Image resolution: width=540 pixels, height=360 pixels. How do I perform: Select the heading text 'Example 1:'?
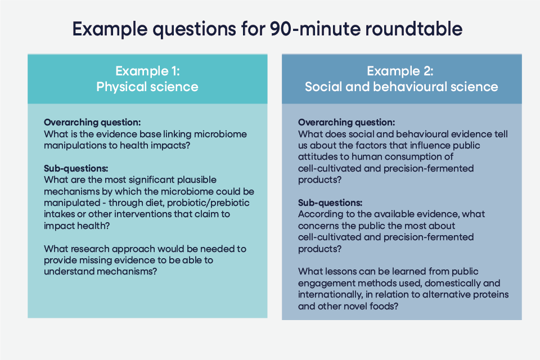click(x=147, y=71)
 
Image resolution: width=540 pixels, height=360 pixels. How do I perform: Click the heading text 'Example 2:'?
click(x=400, y=71)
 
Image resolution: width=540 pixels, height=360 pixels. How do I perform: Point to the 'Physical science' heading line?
click(x=147, y=87)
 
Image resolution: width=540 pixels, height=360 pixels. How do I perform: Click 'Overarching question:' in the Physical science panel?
click(x=92, y=123)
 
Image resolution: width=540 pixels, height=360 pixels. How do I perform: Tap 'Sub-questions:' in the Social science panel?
click(x=330, y=203)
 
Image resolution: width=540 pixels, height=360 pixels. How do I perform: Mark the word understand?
click(x=69, y=272)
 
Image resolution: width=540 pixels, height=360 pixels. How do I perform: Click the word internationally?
click(x=330, y=295)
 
